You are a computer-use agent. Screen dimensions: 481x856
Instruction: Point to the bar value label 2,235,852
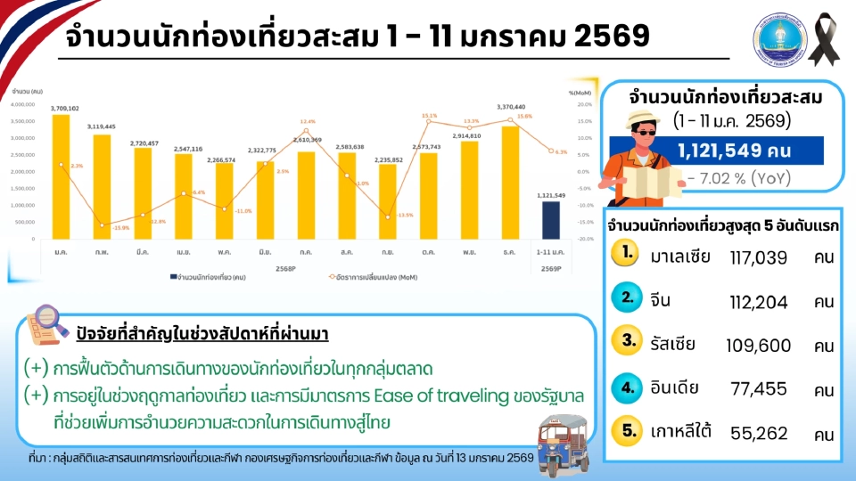point(389,159)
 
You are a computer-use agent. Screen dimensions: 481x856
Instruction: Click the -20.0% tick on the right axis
point(580,240)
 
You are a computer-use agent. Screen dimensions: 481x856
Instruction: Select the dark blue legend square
point(172,278)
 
